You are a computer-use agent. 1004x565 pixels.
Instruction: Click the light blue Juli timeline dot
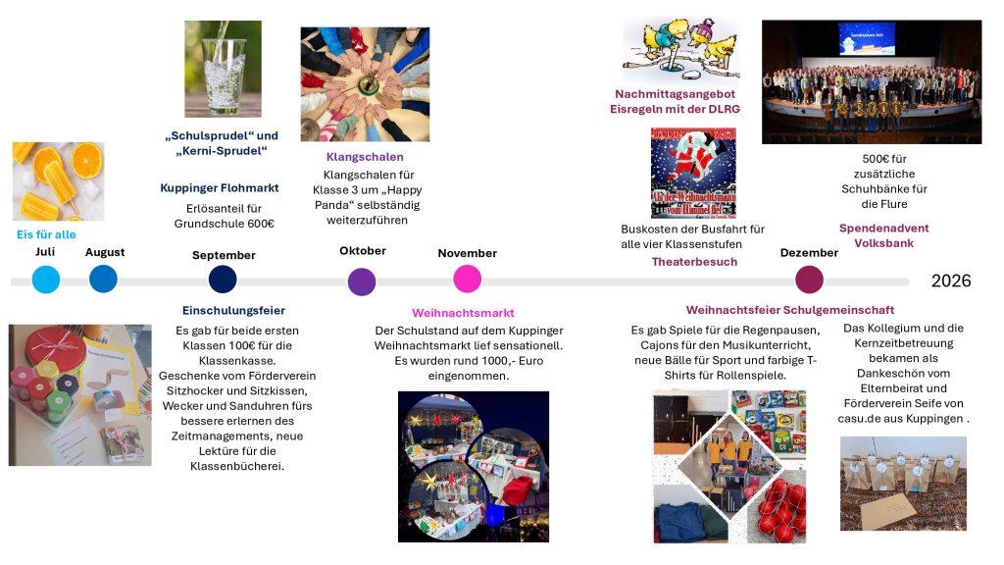46,280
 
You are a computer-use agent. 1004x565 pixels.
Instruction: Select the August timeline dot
103,280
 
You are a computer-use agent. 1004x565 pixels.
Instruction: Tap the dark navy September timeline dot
223,280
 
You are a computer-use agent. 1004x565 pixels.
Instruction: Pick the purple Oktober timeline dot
362,282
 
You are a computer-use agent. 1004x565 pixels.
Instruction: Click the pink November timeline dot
468,280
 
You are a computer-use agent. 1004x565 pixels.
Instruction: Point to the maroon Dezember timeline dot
809,280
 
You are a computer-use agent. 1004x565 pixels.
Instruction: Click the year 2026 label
950,282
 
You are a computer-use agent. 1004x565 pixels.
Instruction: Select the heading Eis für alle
46,234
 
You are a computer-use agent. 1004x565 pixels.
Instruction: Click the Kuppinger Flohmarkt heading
220,187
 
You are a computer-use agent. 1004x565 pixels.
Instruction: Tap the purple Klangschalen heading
365,157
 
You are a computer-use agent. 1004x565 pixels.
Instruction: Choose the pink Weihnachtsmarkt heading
463,313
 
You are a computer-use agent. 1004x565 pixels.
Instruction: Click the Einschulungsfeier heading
233,310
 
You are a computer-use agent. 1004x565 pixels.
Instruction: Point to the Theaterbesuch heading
694,262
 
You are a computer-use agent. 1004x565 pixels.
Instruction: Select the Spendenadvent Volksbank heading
883,234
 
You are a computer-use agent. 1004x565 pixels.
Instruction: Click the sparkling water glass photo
223,69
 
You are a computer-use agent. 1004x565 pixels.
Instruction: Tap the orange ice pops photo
58,180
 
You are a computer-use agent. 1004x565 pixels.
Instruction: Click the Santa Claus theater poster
693,173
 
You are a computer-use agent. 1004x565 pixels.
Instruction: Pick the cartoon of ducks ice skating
680,49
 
